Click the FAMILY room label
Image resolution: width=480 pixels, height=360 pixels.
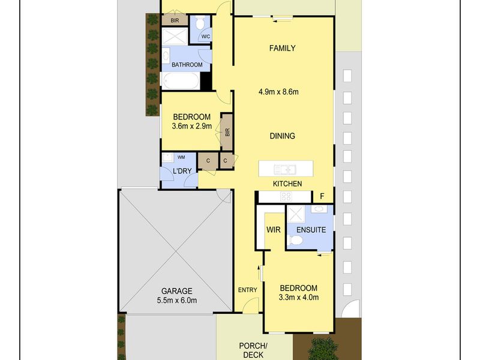pos(282,48)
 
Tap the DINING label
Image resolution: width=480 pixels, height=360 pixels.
pos(282,136)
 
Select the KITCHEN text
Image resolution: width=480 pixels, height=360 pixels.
pos(287,184)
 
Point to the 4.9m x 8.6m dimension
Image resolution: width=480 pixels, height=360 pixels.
pos(278,92)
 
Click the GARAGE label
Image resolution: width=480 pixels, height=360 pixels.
pos(176,291)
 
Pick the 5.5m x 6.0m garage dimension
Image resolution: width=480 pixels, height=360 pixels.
pos(176,301)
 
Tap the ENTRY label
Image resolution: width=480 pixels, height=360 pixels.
pos(248,290)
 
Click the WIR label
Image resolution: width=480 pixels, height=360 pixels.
pos(274,230)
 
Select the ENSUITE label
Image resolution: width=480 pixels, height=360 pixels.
pos(311,230)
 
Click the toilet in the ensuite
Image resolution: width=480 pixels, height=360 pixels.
pos(296,241)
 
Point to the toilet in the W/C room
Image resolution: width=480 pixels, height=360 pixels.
pos(200,23)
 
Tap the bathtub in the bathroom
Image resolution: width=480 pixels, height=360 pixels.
pos(181,81)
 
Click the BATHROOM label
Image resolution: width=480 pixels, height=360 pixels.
pos(187,65)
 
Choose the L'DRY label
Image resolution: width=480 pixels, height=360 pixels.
pos(182,171)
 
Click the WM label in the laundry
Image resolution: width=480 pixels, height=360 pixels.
pos(181,157)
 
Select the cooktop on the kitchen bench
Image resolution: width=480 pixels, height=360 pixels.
pos(286,196)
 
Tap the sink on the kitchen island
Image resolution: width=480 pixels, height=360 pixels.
pos(285,169)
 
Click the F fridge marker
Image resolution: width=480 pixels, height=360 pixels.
pos(322,196)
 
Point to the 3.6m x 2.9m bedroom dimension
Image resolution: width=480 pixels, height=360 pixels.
pos(192,126)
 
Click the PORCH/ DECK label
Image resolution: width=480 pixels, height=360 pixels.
pos(253,350)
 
